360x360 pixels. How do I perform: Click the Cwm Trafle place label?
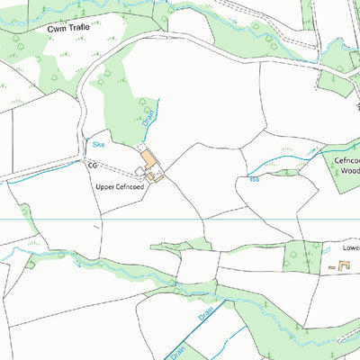69,29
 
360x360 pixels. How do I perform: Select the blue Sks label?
98,143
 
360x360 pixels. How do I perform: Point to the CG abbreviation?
92,166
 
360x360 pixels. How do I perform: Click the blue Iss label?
253,179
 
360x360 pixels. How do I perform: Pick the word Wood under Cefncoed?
350,170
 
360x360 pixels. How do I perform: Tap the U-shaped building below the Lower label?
343,265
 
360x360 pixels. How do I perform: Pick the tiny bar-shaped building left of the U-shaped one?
330,267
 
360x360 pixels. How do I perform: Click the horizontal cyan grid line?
90,220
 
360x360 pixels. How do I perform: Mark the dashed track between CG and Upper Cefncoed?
117,168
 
